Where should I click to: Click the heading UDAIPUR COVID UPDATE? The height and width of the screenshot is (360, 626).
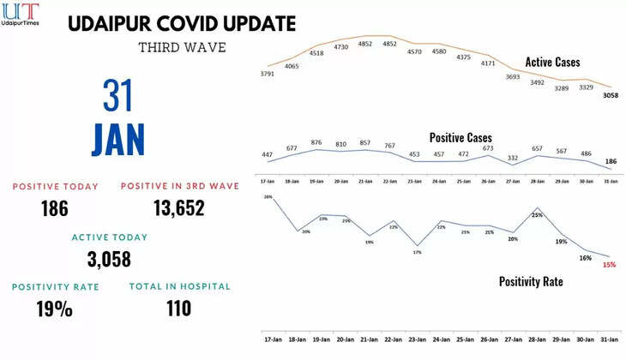[x=181, y=22]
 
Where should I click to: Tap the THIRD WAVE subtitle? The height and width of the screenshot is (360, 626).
[x=182, y=47]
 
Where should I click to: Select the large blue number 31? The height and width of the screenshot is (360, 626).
[x=119, y=95]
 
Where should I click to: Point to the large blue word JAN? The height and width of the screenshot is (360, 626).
[x=118, y=140]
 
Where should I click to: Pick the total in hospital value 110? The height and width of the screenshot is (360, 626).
[x=179, y=307]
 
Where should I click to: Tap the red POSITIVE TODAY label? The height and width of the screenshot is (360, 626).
[x=55, y=186]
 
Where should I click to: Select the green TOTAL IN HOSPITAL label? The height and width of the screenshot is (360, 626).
[x=179, y=286]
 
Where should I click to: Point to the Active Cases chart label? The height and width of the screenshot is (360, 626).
[x=552, y=63]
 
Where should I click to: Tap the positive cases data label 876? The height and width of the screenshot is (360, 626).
[x=316, y=142]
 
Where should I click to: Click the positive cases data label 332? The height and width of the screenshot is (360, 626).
[x=513, y=158]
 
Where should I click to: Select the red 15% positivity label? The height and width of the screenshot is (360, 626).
[x=609, y=265]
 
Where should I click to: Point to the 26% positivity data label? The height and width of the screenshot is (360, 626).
[x=268, y=197]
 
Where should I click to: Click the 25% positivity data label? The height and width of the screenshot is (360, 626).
[x=537, y=215]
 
